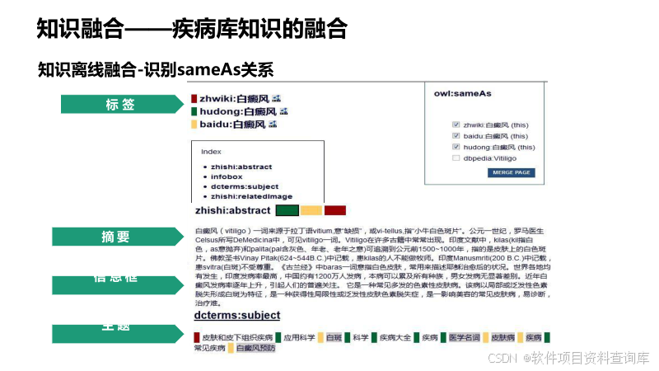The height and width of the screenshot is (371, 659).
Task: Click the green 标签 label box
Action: click(x=120, y=105)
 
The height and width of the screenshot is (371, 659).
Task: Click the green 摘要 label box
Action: click(x=115, y=237)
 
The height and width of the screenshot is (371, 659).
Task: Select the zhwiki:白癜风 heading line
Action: click(x=235, y=98)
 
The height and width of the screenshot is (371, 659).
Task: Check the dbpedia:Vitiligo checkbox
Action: click(x=456, y=158)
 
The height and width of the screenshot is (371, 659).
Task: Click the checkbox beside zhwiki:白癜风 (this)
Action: click(x=456, y=124)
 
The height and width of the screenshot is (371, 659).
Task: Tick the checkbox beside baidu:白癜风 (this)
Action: click(x=456, y=136)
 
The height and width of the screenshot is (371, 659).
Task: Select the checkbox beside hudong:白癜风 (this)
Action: click(x=456, y=148)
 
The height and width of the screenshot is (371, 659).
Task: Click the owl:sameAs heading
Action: click(x=463, y=94)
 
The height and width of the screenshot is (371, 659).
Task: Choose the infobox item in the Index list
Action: click(x=227, y=176)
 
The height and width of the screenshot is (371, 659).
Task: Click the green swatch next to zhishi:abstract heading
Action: click(x=287, y=210)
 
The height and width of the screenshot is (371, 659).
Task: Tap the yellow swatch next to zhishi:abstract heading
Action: click(x=311, y=210)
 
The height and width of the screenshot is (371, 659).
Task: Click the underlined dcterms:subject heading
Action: click(x=236, y=315)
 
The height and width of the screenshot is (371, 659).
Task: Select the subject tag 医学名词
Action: click(x=464, y=337)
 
